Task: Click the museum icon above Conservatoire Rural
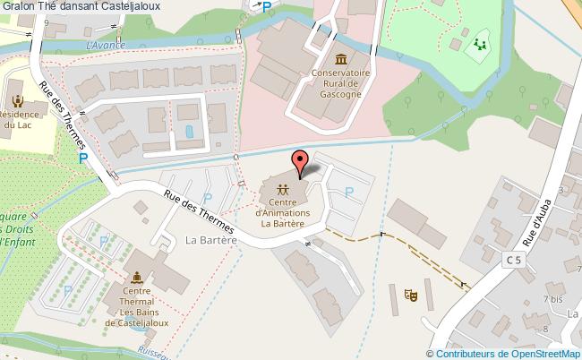(x=340, y=57)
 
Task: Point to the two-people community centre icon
(x=283, y=189)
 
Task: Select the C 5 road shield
(x=512, y=260)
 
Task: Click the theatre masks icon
(x=413, y=293)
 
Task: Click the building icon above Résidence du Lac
(x=18, y=98)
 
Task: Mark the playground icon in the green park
(x=479, y=42)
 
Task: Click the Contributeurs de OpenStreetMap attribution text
(x=509, y=353)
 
